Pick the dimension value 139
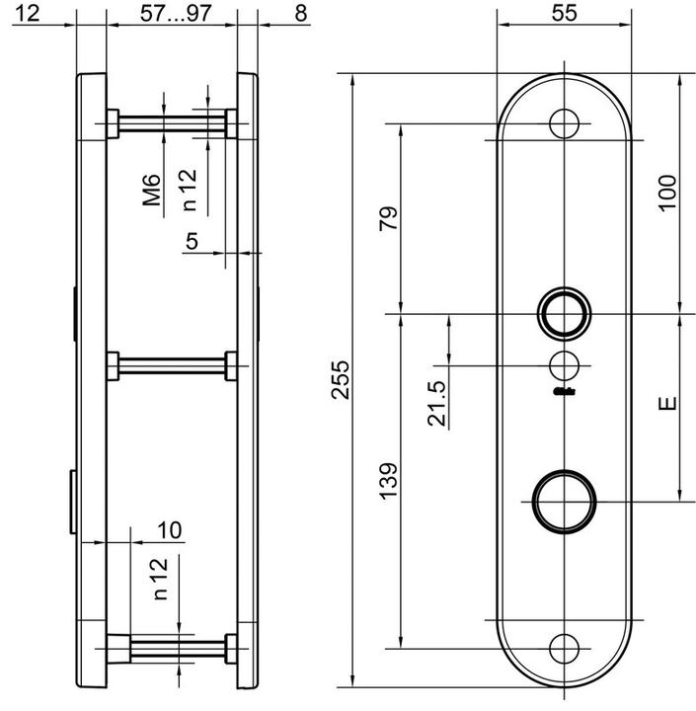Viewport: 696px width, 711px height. point(388,481)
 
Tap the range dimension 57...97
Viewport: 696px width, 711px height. point(172,13)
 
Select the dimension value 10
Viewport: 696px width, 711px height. point(169,530)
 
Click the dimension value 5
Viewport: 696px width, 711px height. point(192,240)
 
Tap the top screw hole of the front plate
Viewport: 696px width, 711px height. point(565,123)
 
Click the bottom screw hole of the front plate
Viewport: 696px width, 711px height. point(565,648)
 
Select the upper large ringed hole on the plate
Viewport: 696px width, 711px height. point(565,313)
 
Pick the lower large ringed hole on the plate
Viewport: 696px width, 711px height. point(565,498)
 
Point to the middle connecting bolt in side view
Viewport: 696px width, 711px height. point(172,367)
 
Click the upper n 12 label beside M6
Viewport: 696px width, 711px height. point(189,191)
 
